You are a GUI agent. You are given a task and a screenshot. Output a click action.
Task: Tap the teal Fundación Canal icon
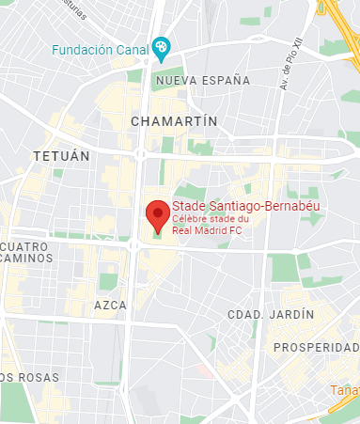[x=162, y=46]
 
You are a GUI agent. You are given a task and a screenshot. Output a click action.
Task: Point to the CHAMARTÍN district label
[x=175, y=121]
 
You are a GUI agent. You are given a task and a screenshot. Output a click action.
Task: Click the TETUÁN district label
[x=60, y=154]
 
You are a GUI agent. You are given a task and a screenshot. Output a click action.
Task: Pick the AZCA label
[x=110, y=306]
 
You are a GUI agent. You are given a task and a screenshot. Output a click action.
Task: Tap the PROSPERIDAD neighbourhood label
[x=315, y=348]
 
